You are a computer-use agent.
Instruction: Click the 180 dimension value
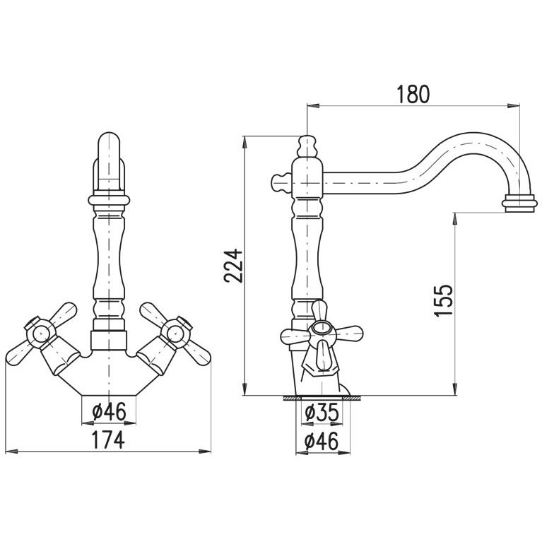click(413, 94)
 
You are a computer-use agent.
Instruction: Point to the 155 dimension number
click(444, 300)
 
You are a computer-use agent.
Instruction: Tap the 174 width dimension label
click(108, 440)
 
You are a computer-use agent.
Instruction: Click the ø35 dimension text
click(322, 412)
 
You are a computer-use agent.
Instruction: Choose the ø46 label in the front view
click(110, 412)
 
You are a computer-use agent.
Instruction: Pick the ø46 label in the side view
click(322, 442)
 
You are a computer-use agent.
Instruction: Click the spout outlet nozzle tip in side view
click(520, 204)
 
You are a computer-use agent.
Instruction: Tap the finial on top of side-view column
click(307, 146)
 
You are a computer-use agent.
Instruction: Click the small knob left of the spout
click(281, 183)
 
